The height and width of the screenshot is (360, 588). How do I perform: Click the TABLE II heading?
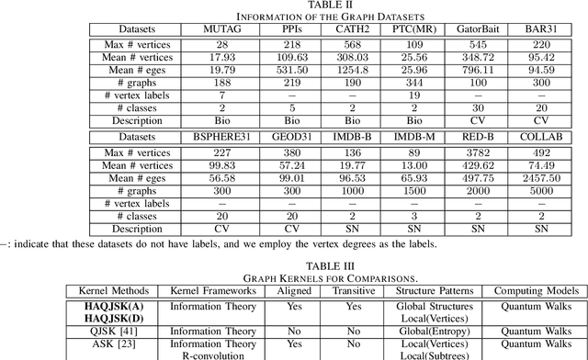(x=293, y=6)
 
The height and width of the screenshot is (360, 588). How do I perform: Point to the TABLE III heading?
(x=293, y=263)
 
